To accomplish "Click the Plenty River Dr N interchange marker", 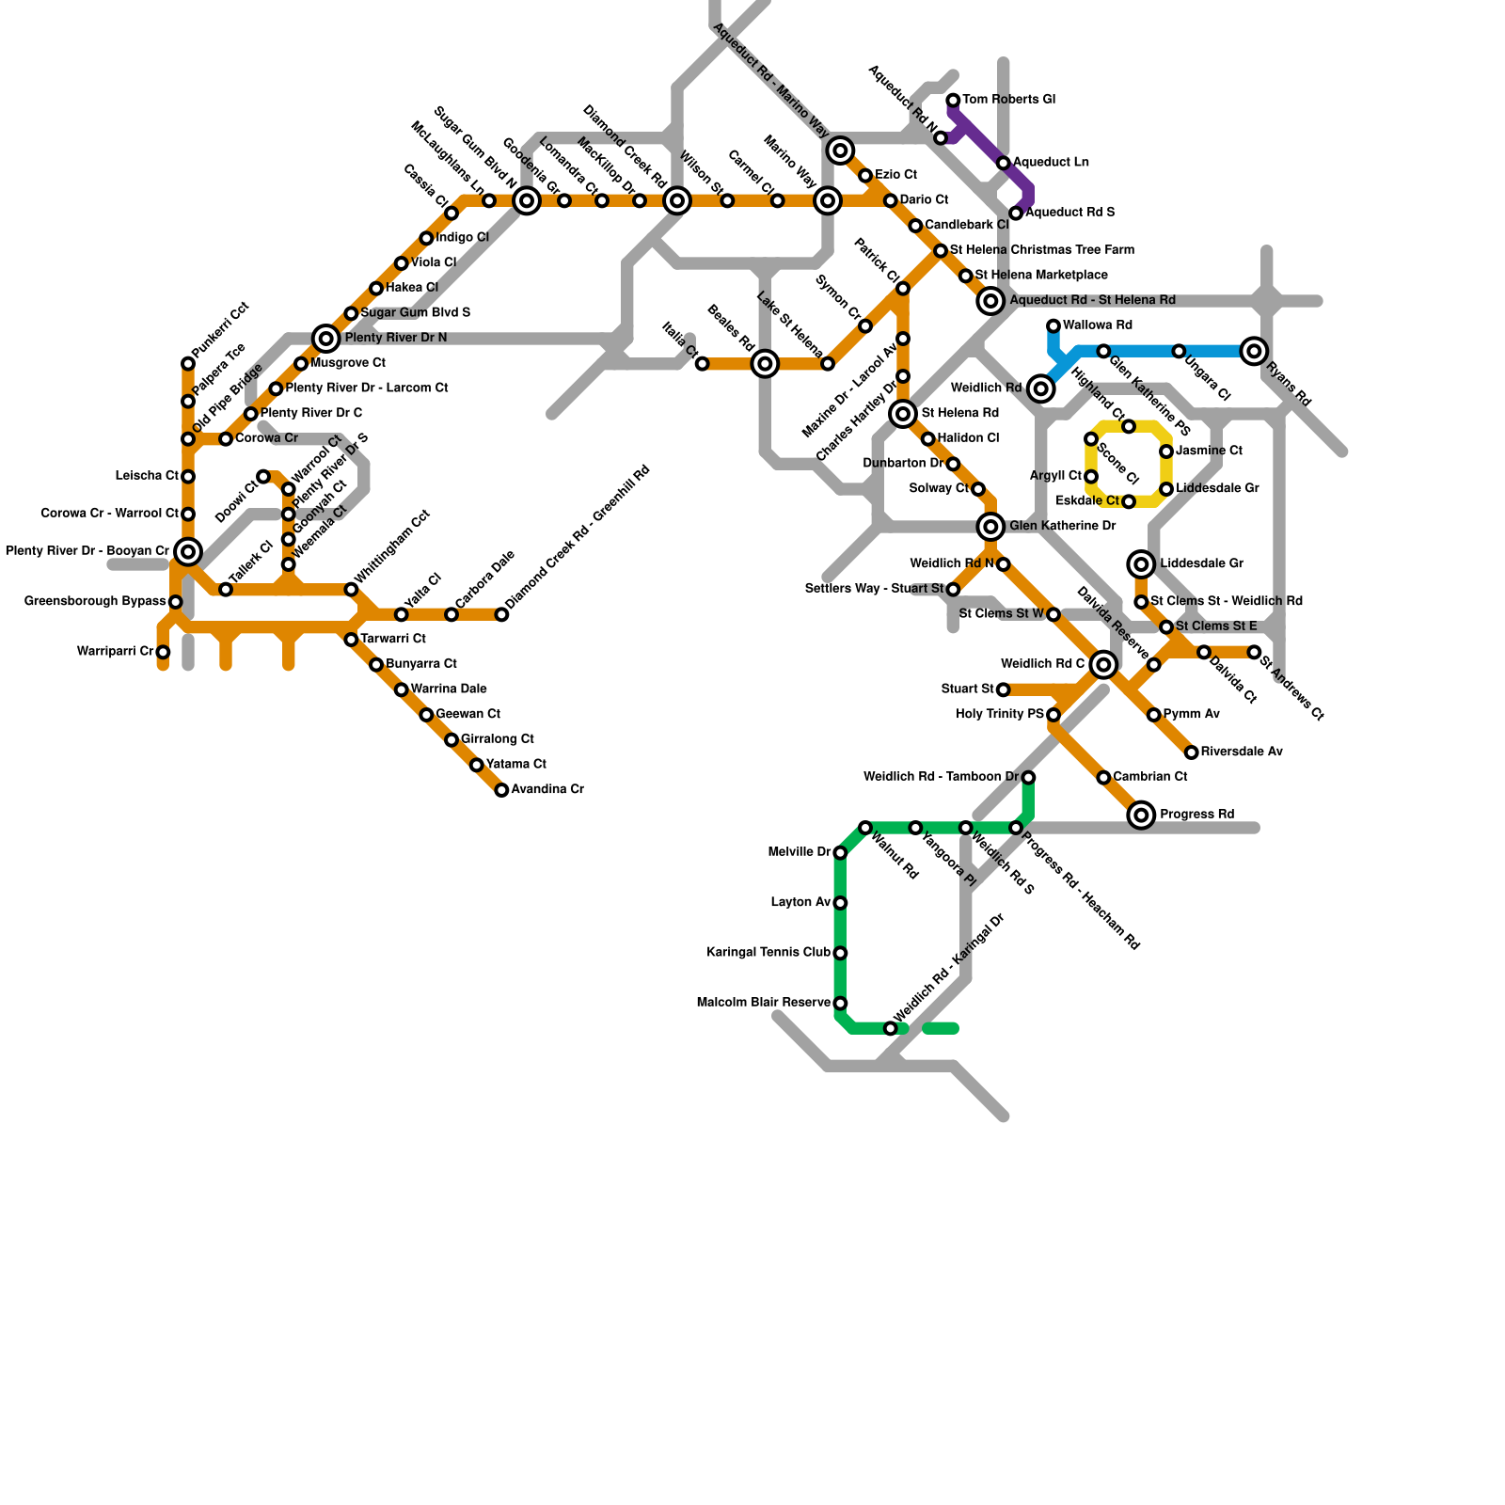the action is coord(326,339).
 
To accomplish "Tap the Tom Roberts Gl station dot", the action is coord(953,101).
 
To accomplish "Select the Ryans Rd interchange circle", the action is coord(1253,351).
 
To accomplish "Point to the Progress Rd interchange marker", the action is coord(1141,815).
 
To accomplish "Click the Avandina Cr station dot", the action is coord(501,790).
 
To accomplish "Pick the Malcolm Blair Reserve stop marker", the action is coord(840,1004).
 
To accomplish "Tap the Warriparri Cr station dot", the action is coord(163,652).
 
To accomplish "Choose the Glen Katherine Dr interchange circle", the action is coord(990,527).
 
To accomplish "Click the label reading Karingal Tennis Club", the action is coord(768,953).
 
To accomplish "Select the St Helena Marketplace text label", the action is coord(1041,276).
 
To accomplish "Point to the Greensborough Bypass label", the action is coord(95,602).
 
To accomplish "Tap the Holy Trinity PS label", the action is coord(1000,715).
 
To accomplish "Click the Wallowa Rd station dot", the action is coord(1053,326).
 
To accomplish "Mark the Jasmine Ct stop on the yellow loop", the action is coord(1166,452).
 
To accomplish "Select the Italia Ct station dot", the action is coord(702,364).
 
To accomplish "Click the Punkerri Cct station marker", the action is coord(188,364).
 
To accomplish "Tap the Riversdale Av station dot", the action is coord(1192,752).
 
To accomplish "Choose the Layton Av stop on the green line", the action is coord(840,903).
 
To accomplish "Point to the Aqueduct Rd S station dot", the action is coord(1016,214).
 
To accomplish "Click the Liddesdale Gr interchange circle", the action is coord(1141,564).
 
